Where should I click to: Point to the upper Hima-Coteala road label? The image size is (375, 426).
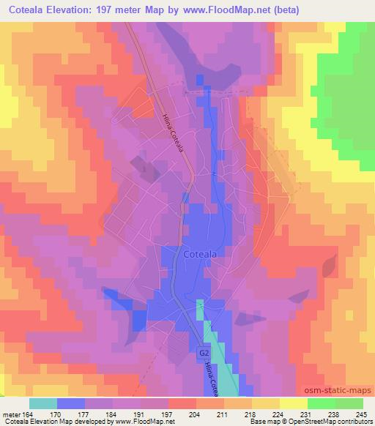pyautogui.click(x=173, y=131)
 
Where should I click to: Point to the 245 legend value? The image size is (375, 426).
pyautogui.click(x=358, y=414)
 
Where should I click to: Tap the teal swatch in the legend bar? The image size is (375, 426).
pyautogui.click(x=43, y=403)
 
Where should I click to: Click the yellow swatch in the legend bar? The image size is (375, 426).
pyautogui.click(x=294, y=403)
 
